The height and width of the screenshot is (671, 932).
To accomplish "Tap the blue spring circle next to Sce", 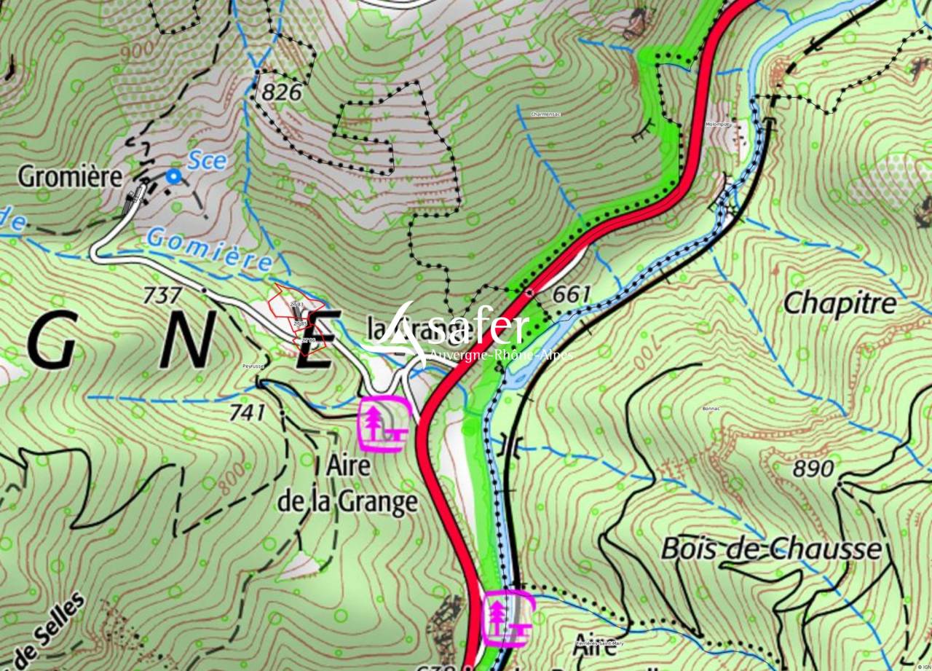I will point(173,176).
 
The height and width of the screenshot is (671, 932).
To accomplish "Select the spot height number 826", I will point(282,92).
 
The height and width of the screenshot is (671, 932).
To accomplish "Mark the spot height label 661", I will point(572,294).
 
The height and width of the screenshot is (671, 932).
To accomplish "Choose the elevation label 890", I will point(813,468).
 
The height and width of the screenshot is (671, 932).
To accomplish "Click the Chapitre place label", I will point(839,303).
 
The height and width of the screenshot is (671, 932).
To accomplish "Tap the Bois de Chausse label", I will point(770,549).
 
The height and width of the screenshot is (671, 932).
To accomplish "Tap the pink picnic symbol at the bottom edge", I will point(508,619).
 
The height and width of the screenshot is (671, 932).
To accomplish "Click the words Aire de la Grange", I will point(347,484).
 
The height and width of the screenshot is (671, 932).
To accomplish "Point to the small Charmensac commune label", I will point(546,114).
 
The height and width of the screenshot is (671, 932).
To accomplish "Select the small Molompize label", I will point(719,125).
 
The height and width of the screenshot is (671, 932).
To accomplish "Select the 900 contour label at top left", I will point(138,48).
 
